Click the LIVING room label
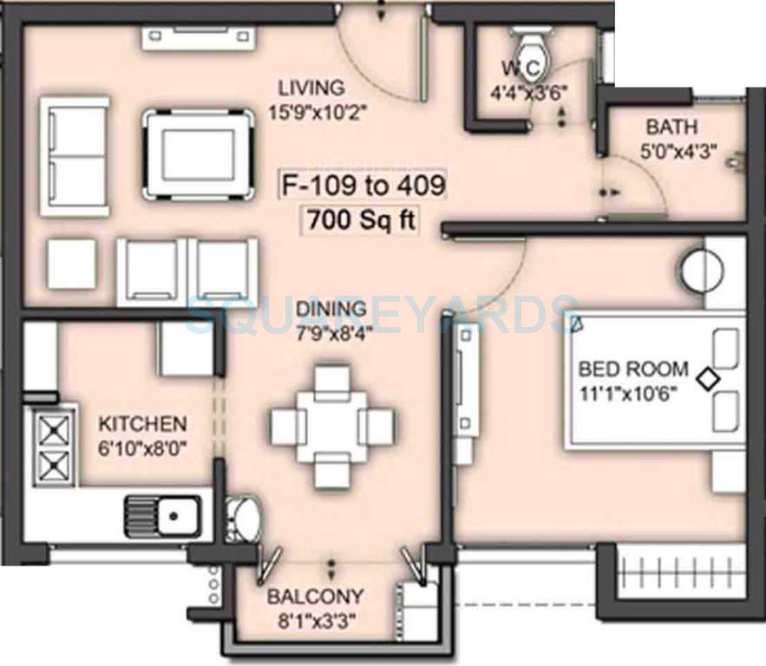[311, 88]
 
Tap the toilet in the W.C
[527, 41]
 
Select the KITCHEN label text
[141, 424]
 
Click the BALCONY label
[314, 597]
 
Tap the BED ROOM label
[633, 369]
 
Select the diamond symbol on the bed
[709, 379]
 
